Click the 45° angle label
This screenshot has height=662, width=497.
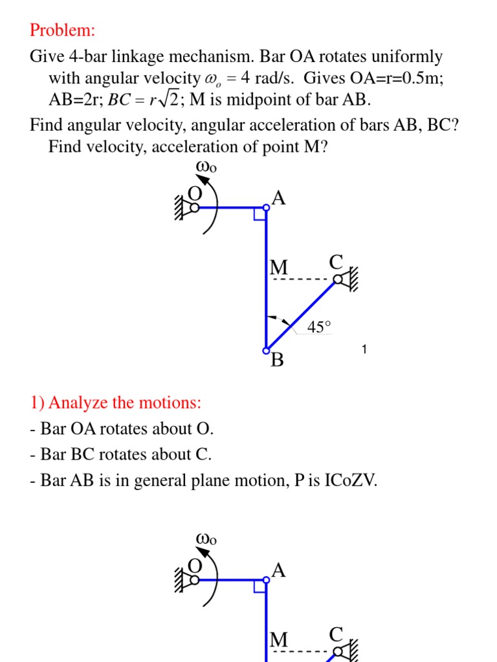318,327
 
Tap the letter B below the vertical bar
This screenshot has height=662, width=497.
277,360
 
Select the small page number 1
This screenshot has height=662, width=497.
364,350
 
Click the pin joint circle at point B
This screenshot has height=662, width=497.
266,350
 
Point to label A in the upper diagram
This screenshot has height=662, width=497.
279,198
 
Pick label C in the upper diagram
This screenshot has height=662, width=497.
336,262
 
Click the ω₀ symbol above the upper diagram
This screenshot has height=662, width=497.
206,167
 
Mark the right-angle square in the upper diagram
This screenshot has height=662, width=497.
260,214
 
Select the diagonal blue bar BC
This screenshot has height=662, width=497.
302,315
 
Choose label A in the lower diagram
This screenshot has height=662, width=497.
279,570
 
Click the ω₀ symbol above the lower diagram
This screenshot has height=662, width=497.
206,539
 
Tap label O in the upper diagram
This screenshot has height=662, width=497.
195,193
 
